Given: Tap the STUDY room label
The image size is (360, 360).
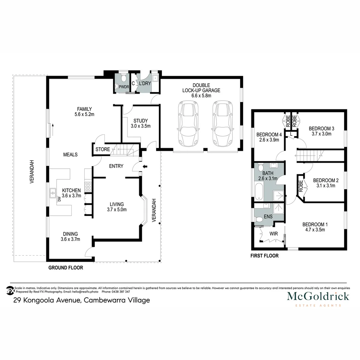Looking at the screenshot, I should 140,121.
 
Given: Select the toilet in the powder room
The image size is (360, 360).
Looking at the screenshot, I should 123,79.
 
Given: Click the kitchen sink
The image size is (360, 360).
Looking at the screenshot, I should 53,193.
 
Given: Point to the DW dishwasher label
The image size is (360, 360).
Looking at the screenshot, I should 59,199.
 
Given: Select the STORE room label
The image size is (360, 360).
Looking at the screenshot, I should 102,149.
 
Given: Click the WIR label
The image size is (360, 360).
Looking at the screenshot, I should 273,234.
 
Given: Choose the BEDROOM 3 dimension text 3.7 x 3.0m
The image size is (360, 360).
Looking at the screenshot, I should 321,134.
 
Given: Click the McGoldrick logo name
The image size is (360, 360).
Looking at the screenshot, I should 318,296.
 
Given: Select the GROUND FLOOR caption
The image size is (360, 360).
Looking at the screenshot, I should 66,268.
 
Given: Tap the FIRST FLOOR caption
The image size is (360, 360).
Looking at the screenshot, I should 264,256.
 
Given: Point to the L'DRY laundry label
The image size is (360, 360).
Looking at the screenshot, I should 145,83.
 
